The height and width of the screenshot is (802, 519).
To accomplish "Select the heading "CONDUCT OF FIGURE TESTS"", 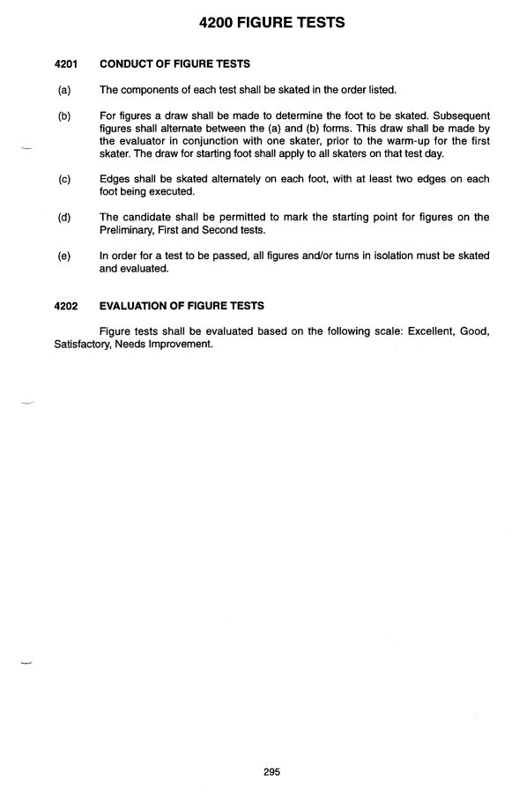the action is pos(175,63).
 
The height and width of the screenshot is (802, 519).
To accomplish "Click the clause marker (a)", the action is pos(63,90).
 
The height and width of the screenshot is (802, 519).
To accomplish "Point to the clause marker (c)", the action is pos(63,179).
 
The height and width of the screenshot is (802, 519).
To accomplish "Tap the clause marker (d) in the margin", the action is pos(63,217).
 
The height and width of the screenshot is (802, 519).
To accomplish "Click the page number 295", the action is pos(271,772).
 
